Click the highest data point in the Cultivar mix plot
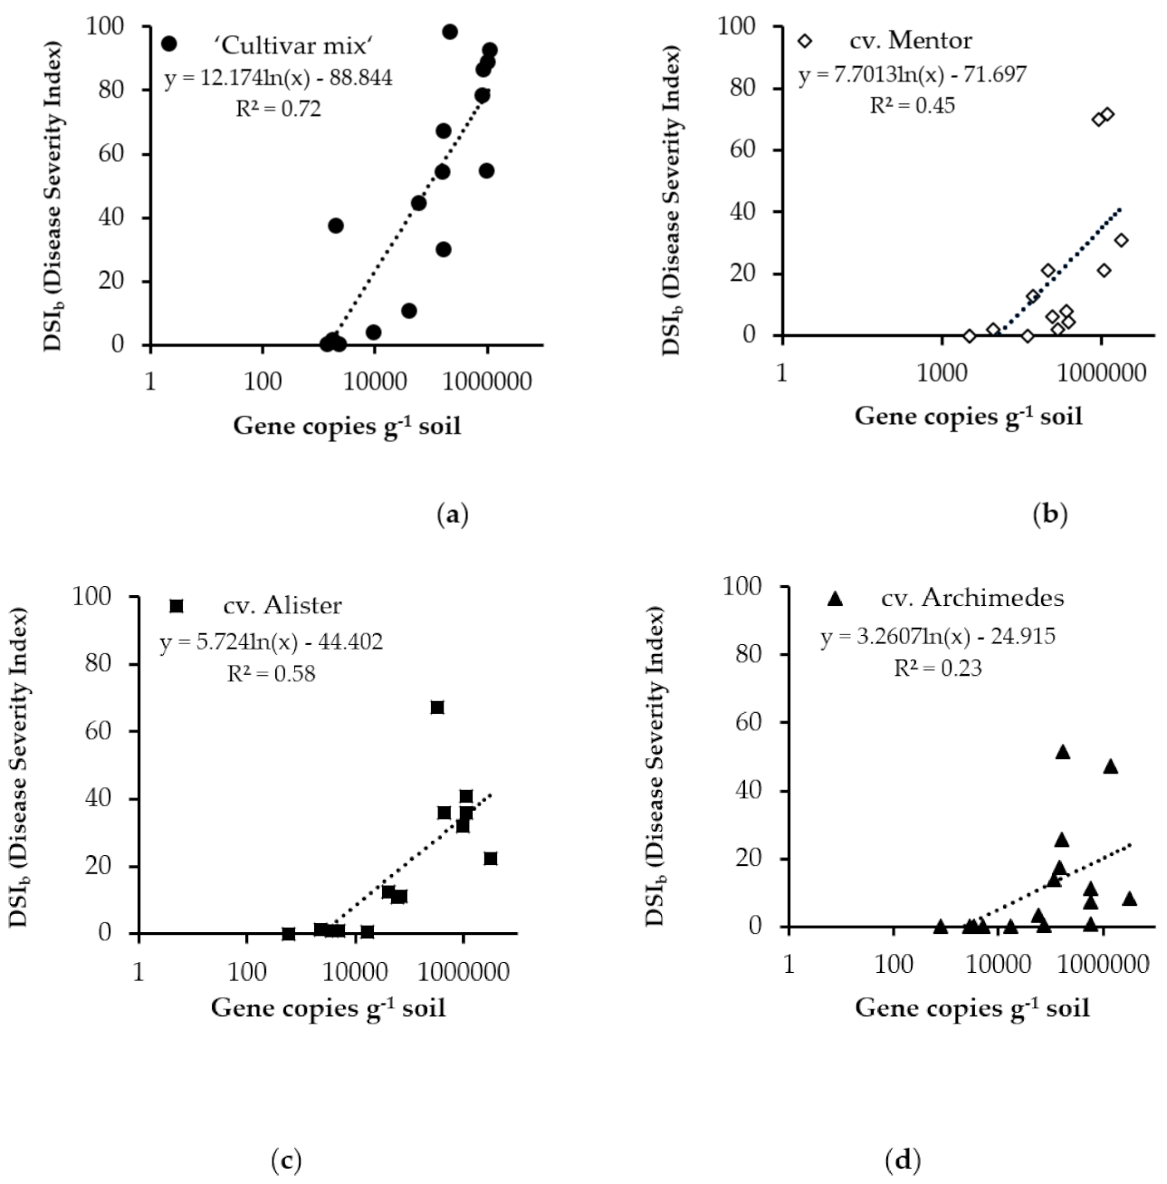(x=450, y=32)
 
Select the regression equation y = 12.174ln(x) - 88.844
(x=278, y=78)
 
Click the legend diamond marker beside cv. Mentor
(x=805, y=41)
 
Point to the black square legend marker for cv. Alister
(x=177, y=605)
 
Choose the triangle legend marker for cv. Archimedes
(x=836, y=599)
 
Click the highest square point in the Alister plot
(x=437, y=708)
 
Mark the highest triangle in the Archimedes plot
(x=1063, y=752)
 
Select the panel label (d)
(x=903, y=1159)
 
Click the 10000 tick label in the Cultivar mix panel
(x=374, y=380)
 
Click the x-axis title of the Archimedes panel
(x=972, y=1007)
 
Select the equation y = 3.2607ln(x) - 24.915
(x=938, y=638)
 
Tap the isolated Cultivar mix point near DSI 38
(x=336, y=226)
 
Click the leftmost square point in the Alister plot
(x=289, y=934)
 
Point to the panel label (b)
(x=1050, y=515)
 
